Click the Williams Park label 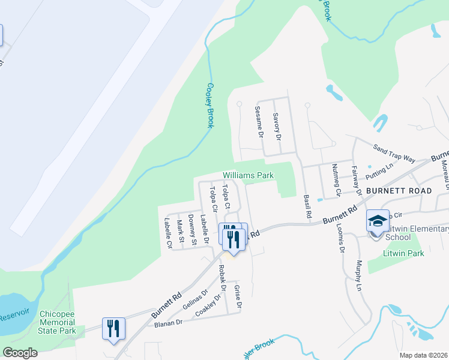tap(248, 175)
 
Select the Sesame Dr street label tap(259, 122)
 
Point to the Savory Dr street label tap(277, 126)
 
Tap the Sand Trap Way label tap(394, 154)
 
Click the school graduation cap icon tap(378, 221)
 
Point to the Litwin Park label tap(404, 253)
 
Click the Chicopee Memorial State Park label tap(57, 322)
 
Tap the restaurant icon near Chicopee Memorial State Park tap(113, 328)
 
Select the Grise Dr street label tap(238, 298)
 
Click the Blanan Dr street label tap(167, 323)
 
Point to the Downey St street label tap(192, 230)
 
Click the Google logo tap(20, 353)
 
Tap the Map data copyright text tap(423, 355)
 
